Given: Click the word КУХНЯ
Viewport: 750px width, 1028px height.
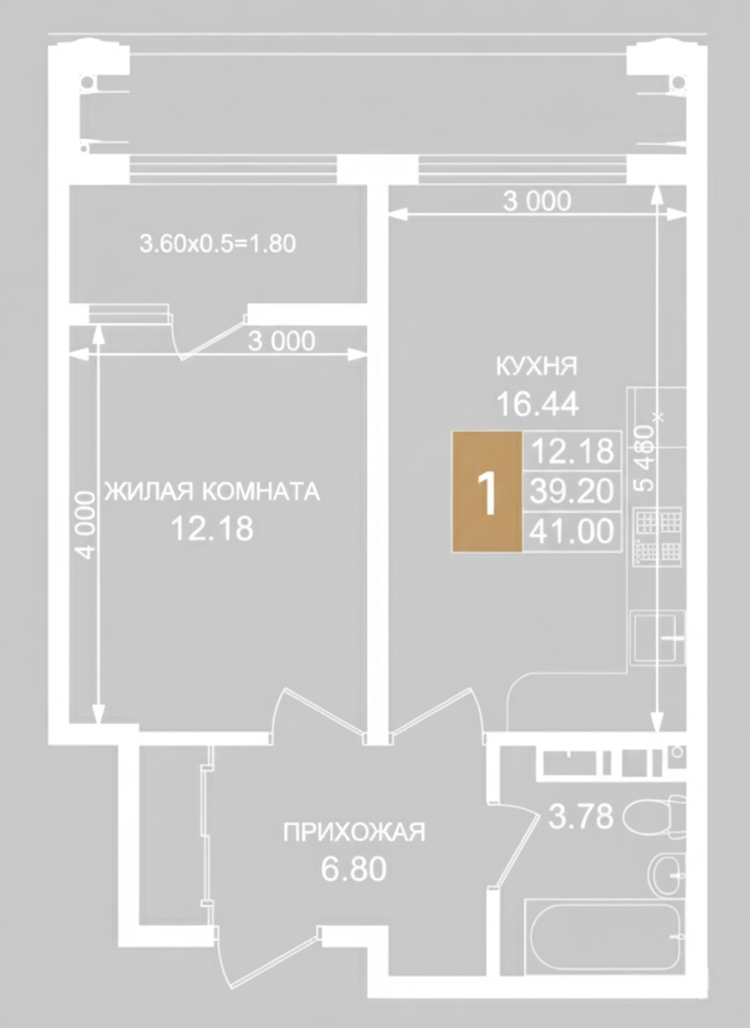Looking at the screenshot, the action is (x=536, y=366).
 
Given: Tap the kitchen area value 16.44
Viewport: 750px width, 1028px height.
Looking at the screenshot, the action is (x=537, y=404).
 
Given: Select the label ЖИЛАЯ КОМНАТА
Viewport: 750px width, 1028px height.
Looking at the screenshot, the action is (x=213, y=491).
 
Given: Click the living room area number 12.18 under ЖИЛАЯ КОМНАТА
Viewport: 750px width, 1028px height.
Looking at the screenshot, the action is (x=212, y=529).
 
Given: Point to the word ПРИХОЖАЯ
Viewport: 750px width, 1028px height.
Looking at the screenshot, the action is (x=354, y=832).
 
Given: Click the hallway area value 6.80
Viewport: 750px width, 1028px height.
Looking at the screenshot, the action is (x=354, y=869).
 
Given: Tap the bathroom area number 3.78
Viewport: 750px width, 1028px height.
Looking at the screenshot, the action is (x=580, y=817).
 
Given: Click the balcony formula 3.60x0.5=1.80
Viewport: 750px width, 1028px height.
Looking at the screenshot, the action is (x=218, y=244).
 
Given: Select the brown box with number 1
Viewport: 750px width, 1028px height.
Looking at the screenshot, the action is (x=487, y=491).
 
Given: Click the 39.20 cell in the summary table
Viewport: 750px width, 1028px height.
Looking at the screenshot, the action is (x=572, y=491).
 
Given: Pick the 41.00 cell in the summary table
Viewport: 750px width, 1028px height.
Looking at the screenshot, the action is (x=572, y=531).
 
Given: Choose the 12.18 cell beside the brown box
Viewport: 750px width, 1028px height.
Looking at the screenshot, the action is (x=572, y=451).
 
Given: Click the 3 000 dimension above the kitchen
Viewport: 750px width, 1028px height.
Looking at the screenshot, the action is (x=537, y=201).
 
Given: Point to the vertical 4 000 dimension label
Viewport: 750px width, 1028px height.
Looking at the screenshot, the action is (x=86, y=524).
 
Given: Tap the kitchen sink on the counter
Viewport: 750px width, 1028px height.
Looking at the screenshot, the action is (x=658, y=636).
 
